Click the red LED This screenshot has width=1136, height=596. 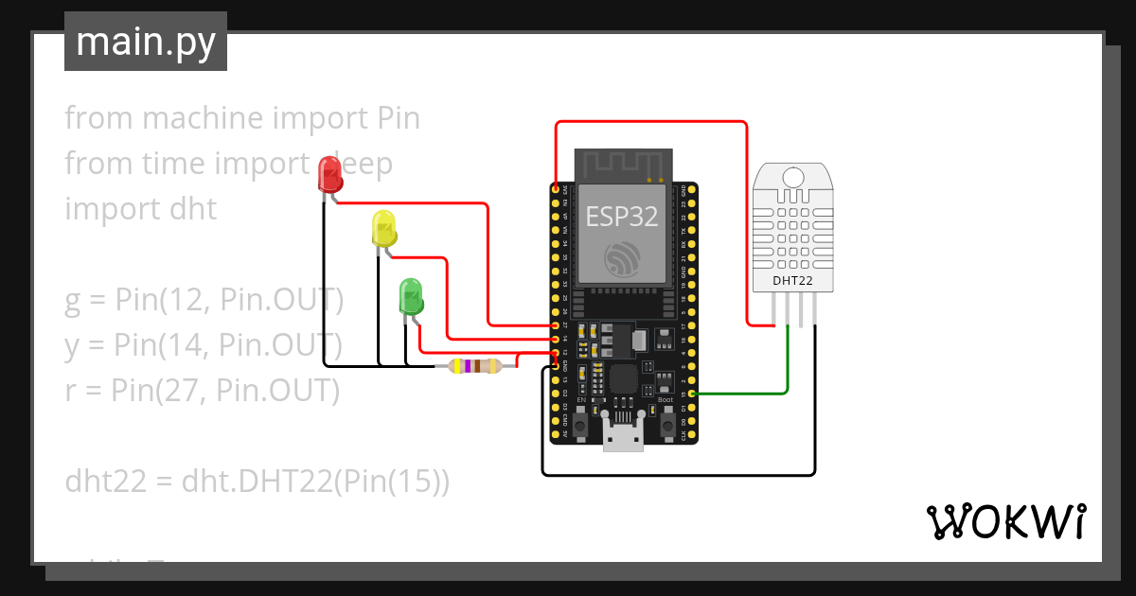tap(329, 175)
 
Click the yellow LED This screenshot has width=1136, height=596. tap(383, 229)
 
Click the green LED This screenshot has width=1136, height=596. tap(411, 296)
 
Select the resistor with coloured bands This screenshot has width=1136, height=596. tap(475, 366)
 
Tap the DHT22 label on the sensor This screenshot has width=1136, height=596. tap(793, 280)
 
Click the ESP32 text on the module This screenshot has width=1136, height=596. tap(621, 217)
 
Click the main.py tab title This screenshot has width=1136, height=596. tap(146, 42)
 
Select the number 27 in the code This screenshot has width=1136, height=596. tap(182, 390)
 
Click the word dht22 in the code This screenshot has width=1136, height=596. tap(105, 482)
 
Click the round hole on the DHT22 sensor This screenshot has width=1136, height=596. tap(792, 176)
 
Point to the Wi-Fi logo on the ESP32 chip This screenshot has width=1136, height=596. tap(621, 258)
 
